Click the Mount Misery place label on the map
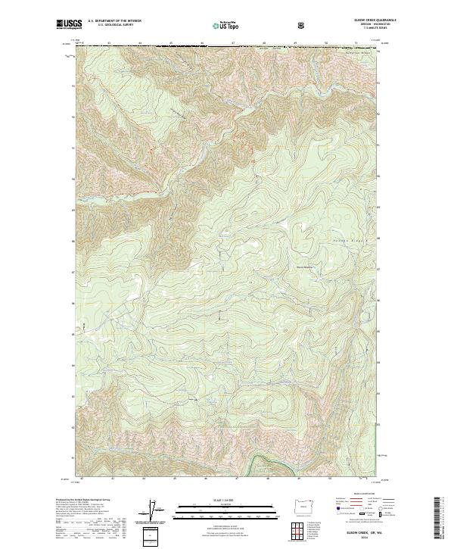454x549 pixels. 304,265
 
